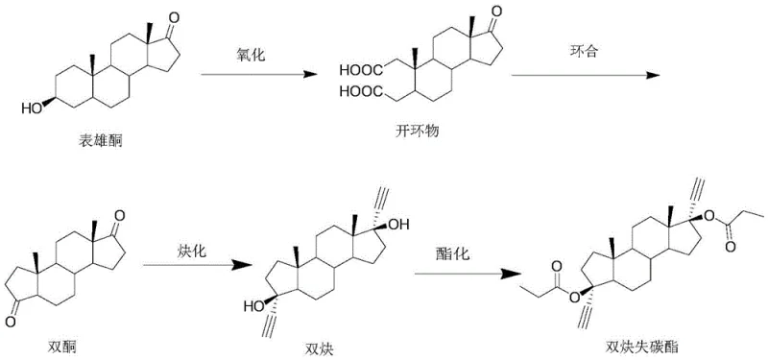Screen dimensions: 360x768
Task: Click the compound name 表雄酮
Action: coord(100,141)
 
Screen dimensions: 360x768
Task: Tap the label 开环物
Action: coord(416,130)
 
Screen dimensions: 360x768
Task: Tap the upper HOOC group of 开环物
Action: coord(356,69)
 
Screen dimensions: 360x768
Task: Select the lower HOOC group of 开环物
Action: coord(356,93)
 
